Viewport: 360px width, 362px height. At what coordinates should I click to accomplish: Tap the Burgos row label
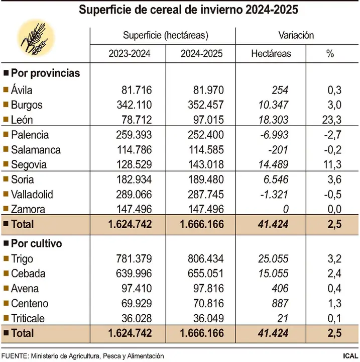pos(27,105)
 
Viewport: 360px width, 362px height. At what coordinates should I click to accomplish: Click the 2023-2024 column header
pos(129,54)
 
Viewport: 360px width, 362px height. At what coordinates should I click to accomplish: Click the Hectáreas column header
pos(271,54)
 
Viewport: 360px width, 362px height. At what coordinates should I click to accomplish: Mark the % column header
pos(330,54)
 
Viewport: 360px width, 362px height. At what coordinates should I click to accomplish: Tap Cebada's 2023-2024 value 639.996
pos(130,274)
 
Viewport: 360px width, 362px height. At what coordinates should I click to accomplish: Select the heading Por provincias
pos(45,73)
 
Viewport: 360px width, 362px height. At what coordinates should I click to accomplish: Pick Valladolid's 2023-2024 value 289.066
pos(130,195)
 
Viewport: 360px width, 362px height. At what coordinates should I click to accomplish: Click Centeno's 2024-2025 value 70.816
pos(202,304)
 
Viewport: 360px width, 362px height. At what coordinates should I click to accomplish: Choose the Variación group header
pos(296,35)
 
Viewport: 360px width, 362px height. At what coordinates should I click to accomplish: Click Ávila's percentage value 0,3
pos(333,90)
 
